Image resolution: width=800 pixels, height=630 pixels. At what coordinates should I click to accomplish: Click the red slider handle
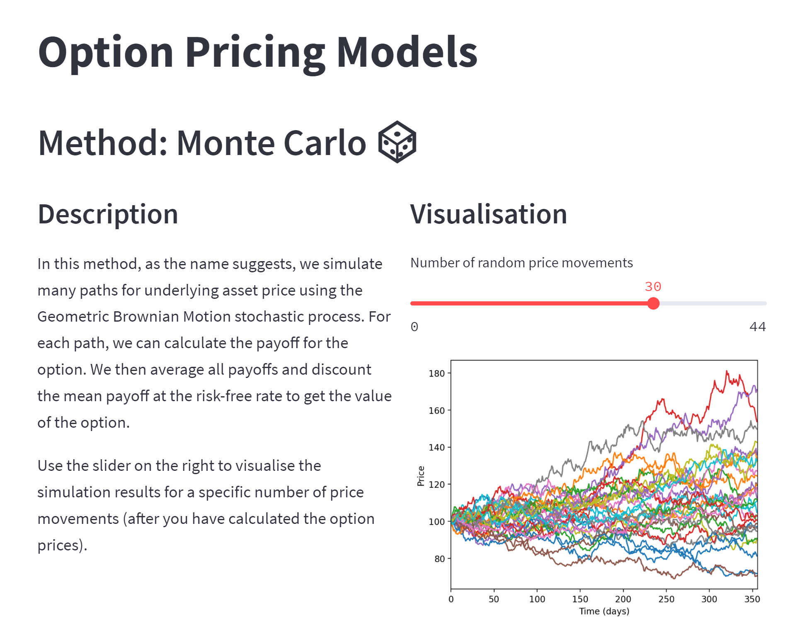[653, 303]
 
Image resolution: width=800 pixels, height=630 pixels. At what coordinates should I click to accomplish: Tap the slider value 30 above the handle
[653, 286]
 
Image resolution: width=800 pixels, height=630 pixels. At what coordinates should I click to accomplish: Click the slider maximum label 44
[757, 327]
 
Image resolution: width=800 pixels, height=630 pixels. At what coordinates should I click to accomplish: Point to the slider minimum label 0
[414, 327]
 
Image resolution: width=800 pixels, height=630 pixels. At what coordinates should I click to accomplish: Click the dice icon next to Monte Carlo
[397, 142]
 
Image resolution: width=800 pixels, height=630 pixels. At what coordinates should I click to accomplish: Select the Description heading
[108, 214]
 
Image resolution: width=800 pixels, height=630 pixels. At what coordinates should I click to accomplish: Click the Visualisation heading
[488, 214]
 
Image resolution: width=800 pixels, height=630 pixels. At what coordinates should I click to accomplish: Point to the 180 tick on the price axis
[436, 373]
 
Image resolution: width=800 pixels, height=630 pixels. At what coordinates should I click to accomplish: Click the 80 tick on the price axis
[439, 559]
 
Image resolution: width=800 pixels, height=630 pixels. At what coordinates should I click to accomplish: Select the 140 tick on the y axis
[436, 448]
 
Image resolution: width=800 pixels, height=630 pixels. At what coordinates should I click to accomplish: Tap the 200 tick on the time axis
[623, 599]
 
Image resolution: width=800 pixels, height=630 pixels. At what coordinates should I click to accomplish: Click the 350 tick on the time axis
[752, 599]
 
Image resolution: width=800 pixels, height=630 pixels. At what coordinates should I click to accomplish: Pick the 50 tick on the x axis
[494, 599]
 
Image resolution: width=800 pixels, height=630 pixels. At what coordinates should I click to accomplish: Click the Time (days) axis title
[604, 611]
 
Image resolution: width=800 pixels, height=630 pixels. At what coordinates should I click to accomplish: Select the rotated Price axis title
[421, 476]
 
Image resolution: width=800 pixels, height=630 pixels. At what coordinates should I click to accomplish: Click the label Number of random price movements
[521, 263]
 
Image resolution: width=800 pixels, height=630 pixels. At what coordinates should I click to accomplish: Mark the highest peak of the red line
[727, 371]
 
